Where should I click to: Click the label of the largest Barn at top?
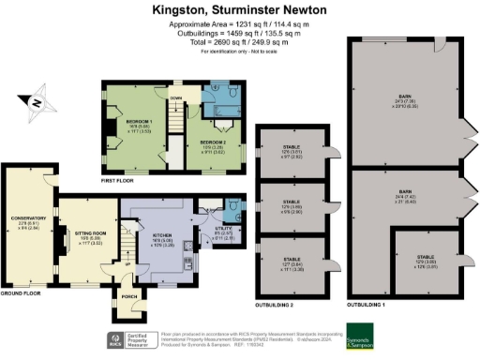[x=405, y=98]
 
